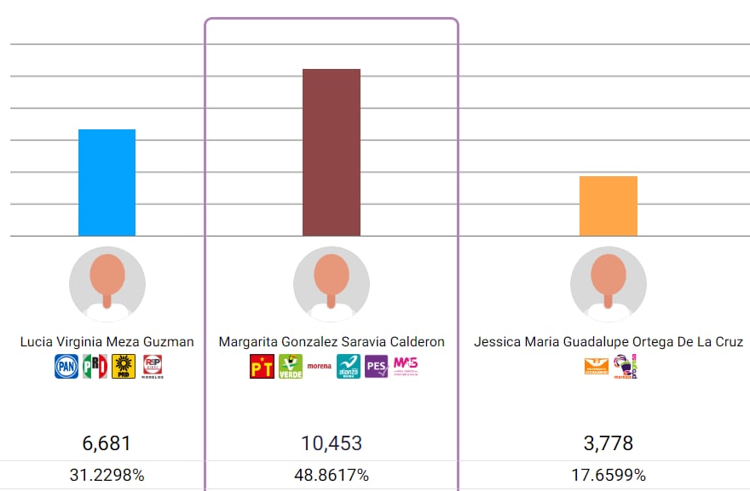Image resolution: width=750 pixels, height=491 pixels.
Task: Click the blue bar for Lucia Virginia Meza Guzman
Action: click(x=107, y=182)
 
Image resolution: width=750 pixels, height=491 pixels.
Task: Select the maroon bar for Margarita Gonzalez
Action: click(x=332, y=152)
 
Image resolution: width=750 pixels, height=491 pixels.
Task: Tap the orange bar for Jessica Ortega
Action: click(x=608, y=206)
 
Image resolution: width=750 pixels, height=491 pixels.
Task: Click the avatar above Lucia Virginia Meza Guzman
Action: click(x=107, y=284)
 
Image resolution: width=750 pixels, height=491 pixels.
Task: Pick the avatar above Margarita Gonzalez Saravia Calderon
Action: click(x=332, y=284)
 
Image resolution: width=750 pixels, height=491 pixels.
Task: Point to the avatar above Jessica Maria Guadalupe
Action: click(x=608, y=284)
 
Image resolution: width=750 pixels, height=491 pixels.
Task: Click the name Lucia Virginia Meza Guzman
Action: click(x=107, y=342)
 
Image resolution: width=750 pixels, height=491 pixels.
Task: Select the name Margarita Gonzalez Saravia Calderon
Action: click(x=332, y=342)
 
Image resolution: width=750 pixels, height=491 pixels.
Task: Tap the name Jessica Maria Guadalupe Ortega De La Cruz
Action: click(x=608, y=342)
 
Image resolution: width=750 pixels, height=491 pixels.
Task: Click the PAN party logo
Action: click(x=66, y=367)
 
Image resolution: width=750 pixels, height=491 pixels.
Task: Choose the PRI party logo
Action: click(x=95, y=367)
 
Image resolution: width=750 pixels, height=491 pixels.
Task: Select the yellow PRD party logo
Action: click(x=123, y=367)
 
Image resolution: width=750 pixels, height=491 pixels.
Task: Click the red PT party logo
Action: click(x=262, y=367)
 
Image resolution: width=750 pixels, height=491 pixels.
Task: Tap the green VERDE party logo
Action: click(x=290, y=367)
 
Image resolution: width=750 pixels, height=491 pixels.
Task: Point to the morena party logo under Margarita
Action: click(x=319, y=367)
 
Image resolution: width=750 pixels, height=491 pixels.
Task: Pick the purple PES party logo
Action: click(x=376, y=367)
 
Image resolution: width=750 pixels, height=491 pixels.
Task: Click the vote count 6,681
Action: click(x=107, y=443)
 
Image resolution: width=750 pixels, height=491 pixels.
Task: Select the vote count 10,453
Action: click(x=332, y=443)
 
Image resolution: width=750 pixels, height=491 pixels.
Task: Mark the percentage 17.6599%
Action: click(x=608, y=476)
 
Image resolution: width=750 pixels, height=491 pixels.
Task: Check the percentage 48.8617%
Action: click(x=332, y=476)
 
